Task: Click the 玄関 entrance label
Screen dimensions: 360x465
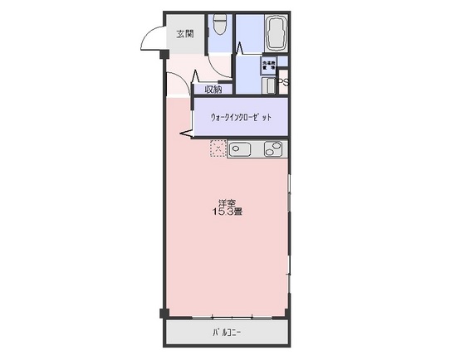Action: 184,34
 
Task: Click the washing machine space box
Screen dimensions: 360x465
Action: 269,63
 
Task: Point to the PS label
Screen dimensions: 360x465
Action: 283,82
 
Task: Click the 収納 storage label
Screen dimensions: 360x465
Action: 213,89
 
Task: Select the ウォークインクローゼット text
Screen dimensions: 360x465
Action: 241,118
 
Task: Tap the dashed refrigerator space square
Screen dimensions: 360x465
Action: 218,149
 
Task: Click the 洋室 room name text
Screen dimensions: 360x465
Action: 227,202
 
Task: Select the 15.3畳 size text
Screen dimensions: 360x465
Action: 227,213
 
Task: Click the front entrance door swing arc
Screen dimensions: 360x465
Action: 151,37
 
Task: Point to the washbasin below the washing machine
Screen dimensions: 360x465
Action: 268,85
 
